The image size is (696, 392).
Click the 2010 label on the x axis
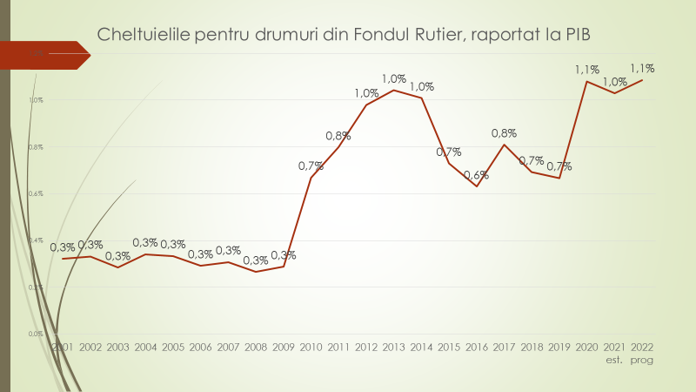311,347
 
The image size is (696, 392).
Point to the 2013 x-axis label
393,347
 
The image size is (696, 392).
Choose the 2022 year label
642,347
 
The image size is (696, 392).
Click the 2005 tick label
172,347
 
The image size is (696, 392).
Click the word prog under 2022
642,359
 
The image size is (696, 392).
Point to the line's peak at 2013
393,90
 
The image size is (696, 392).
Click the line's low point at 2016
476,186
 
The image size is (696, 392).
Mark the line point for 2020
587,82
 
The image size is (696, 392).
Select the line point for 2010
311,178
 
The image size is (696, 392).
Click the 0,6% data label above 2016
476,174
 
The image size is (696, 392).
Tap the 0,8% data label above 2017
504,133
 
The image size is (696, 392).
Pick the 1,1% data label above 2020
586,70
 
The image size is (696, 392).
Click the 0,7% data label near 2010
311,166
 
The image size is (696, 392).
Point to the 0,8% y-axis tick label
36,146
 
